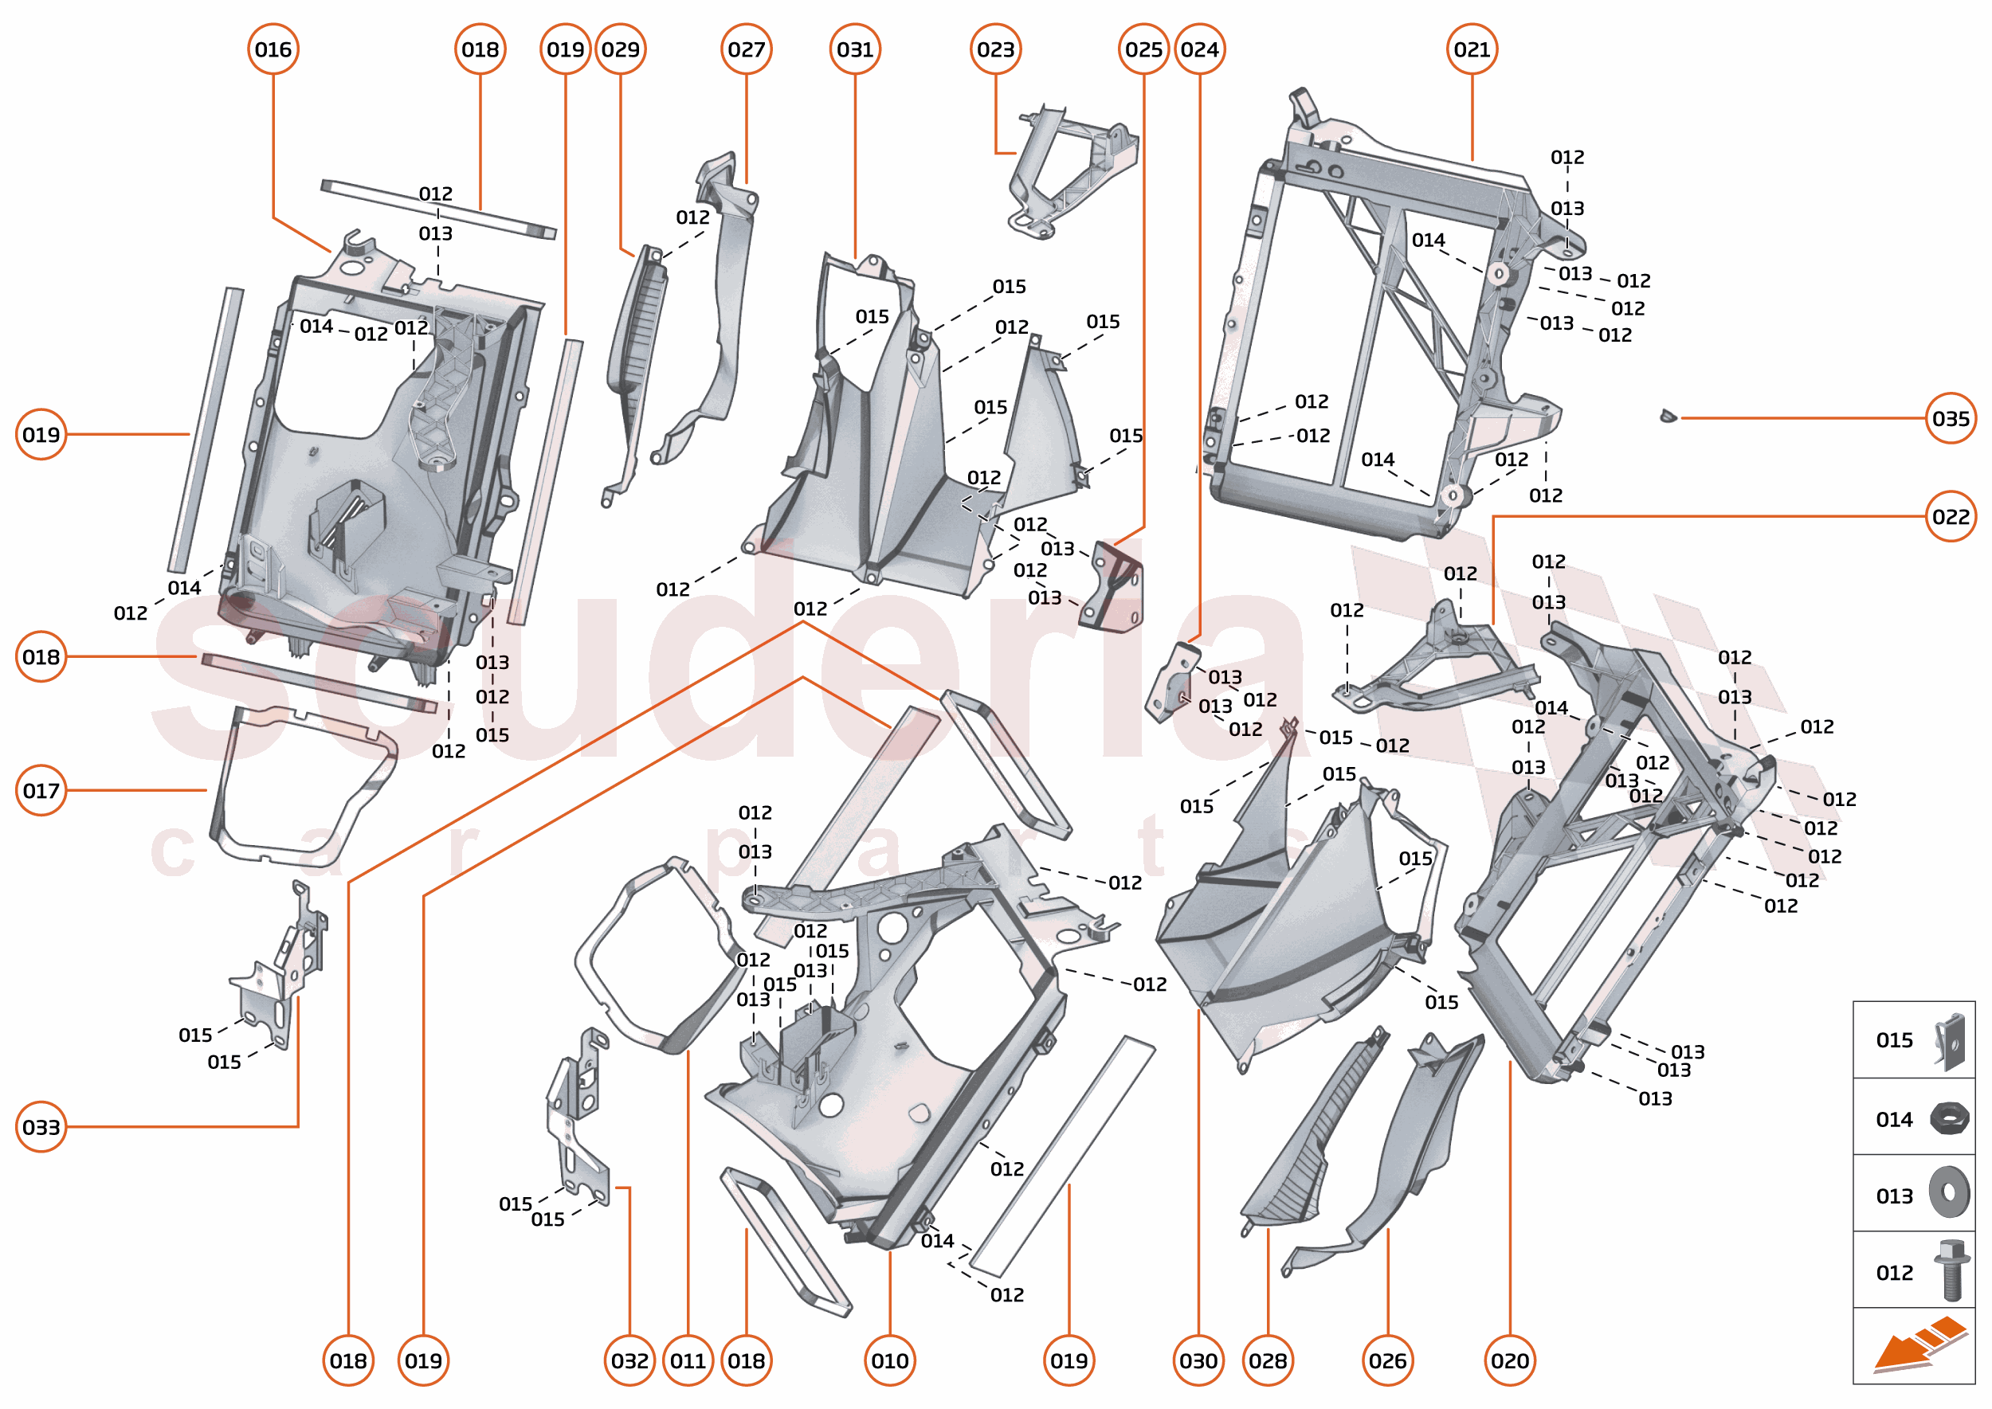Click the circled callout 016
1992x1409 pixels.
(273, 49)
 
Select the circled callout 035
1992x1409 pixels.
(1951, 418)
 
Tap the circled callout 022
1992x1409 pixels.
(1951, 516)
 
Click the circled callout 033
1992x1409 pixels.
(41, 1127)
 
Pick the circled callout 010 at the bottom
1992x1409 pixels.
(890, 1360)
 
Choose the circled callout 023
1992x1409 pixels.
(995, 49)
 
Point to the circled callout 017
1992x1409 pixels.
(41, 790)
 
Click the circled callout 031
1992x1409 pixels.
(855, 49)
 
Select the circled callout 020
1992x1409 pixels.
(1510, 1360)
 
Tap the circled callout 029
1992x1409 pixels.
(621, 49)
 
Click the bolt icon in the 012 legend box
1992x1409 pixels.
(1951, 1270)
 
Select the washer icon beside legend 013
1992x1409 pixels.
(1950, 1192)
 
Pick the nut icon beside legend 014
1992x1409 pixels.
(1950, 1118)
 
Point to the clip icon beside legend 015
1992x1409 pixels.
(1951, 1040)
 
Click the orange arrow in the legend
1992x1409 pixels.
(1918, 1345)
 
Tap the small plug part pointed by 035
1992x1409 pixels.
(1668, 417)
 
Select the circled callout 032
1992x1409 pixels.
(629, 1360)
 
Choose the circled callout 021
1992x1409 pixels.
(1472, 49)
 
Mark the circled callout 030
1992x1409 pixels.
(1198, 1360)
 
